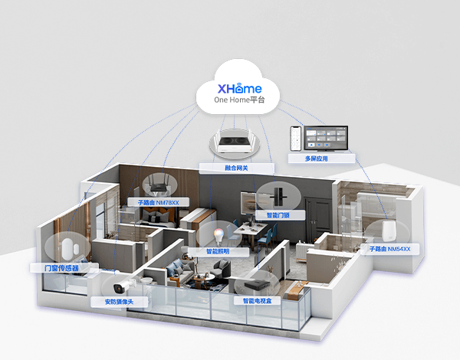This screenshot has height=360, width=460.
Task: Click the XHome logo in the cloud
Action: coord(239,88)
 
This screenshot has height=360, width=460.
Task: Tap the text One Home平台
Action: coord(239,100)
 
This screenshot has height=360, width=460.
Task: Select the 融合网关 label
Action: coord(236,168)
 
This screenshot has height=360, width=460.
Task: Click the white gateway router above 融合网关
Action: coord(235,142)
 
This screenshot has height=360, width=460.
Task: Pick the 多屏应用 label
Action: coord(316,159)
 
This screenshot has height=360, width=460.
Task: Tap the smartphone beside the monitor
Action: coord(296,139)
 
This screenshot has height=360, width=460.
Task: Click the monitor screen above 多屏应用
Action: coord(326,138)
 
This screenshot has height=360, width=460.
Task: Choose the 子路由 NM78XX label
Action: coord(159,202)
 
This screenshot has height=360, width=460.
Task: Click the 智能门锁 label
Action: coord(278,215)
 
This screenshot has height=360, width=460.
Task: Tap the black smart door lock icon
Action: coord(276,196)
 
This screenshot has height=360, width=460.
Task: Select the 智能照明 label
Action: coord(218,251)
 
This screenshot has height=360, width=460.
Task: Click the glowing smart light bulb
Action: coord(219,236)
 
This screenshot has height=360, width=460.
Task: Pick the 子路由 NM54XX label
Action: coord(390,249)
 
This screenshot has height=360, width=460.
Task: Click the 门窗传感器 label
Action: coord(61,268)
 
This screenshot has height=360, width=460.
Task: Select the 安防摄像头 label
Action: coord(119,302)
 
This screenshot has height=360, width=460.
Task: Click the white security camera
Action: coord(124,286)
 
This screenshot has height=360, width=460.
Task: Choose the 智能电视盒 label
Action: coord(258,301)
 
